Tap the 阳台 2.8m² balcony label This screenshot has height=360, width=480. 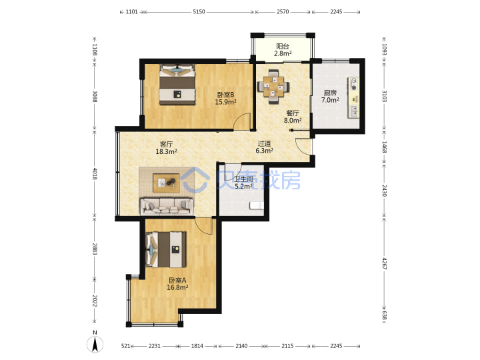click(x=283, y=50)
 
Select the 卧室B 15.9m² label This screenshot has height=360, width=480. click(x=225, y=98)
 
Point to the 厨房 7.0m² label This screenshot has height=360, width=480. click(x=330, y=96)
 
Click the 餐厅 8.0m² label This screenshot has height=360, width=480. click(x=293, y=117)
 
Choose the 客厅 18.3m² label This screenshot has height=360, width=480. click(x=166, y=147)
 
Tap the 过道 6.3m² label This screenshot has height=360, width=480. click(x=264, y=147)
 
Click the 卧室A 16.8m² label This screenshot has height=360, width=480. click(x=177, y=284)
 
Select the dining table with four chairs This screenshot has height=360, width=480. click(x=273, y=87)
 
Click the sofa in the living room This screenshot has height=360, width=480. click(x=167, y=206)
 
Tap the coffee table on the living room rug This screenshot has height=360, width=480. click(x=166, y=183)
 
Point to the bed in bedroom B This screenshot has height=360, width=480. click(x=177, y=85)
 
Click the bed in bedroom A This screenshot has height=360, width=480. click(x=167, y=249)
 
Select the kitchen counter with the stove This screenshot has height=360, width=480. click(x=353, y=97)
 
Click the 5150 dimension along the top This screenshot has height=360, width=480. click(x=199, y=12)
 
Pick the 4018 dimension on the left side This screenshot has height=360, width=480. click(x=95, y=173)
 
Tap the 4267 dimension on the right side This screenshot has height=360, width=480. click(x=384, y=263)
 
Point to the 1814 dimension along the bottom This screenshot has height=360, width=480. click(x=197, y=346)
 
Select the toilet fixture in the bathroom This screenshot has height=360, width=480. click(x=256, y=206)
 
